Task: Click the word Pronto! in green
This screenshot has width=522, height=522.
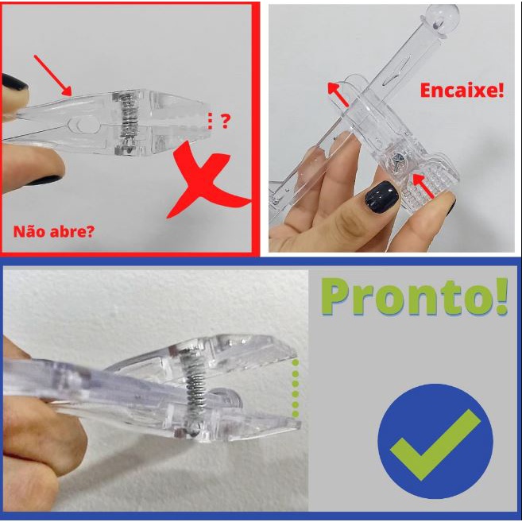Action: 414,296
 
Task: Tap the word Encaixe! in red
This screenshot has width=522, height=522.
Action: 462,91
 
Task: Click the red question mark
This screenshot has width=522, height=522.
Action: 226,122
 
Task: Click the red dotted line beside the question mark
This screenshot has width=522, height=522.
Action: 210,121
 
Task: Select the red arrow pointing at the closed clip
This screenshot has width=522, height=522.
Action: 52,75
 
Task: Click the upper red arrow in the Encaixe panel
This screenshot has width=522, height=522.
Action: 338,95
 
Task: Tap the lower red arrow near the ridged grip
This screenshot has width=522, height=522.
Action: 423,186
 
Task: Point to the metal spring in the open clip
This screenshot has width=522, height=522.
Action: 193,388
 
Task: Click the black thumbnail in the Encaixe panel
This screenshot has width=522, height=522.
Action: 381,197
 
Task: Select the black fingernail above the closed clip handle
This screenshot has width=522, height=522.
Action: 14,82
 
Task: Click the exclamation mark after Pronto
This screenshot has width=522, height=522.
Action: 501,296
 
